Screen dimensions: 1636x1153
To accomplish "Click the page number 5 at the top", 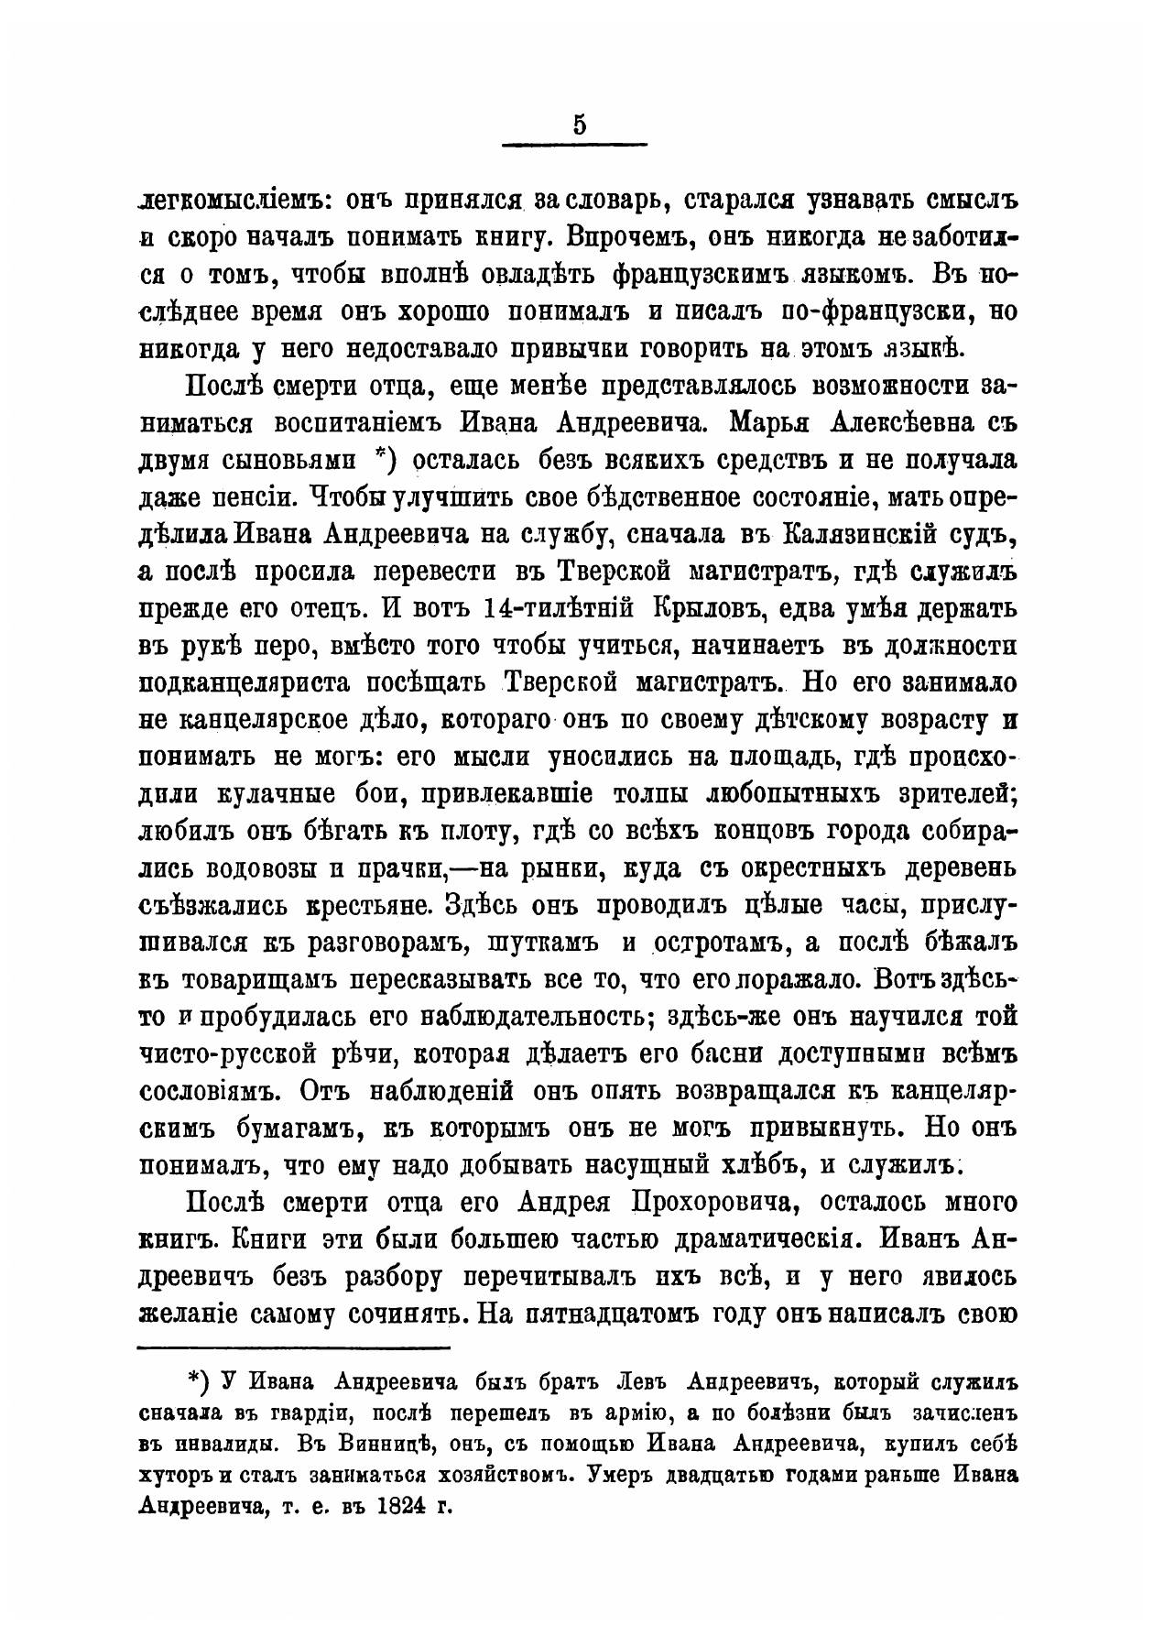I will (x=577, y=125).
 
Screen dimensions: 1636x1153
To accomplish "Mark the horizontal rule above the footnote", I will (x=293, y=1347).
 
